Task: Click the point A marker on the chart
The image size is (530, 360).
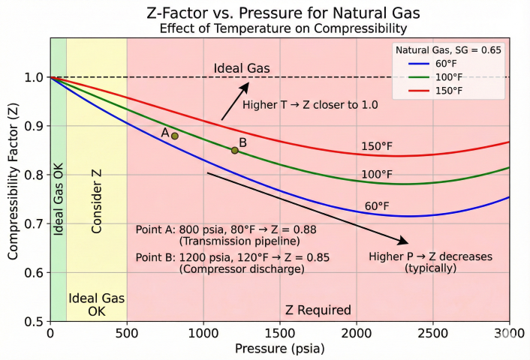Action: coord(175,136)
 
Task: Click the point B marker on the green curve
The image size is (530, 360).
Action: coord(235,150)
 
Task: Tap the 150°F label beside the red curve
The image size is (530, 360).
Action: coord(377,145)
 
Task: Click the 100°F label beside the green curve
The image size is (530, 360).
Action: coord(377,174)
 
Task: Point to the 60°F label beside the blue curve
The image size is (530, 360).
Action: coord(377,205)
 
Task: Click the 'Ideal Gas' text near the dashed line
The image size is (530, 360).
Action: coord(242,68)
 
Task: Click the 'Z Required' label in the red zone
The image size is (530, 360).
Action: coord(318,310)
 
